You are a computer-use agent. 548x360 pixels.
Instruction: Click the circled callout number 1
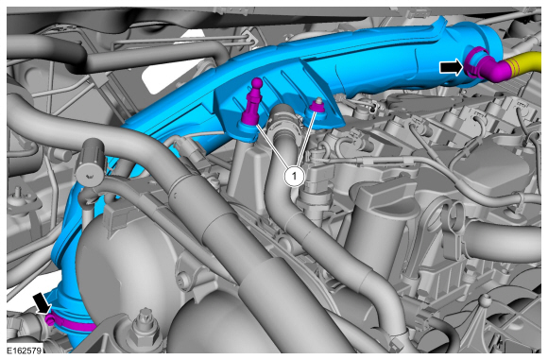point(294,177)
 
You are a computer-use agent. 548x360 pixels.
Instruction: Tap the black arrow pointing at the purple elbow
point(452,67)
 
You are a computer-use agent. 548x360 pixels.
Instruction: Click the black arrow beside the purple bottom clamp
point(43,303)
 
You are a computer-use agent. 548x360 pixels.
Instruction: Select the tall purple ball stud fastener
point(252,101)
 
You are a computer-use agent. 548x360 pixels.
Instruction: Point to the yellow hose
point(523,64)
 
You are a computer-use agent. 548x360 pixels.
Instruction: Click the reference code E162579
point(25,350)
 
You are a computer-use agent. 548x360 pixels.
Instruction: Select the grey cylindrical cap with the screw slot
point(91,163)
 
